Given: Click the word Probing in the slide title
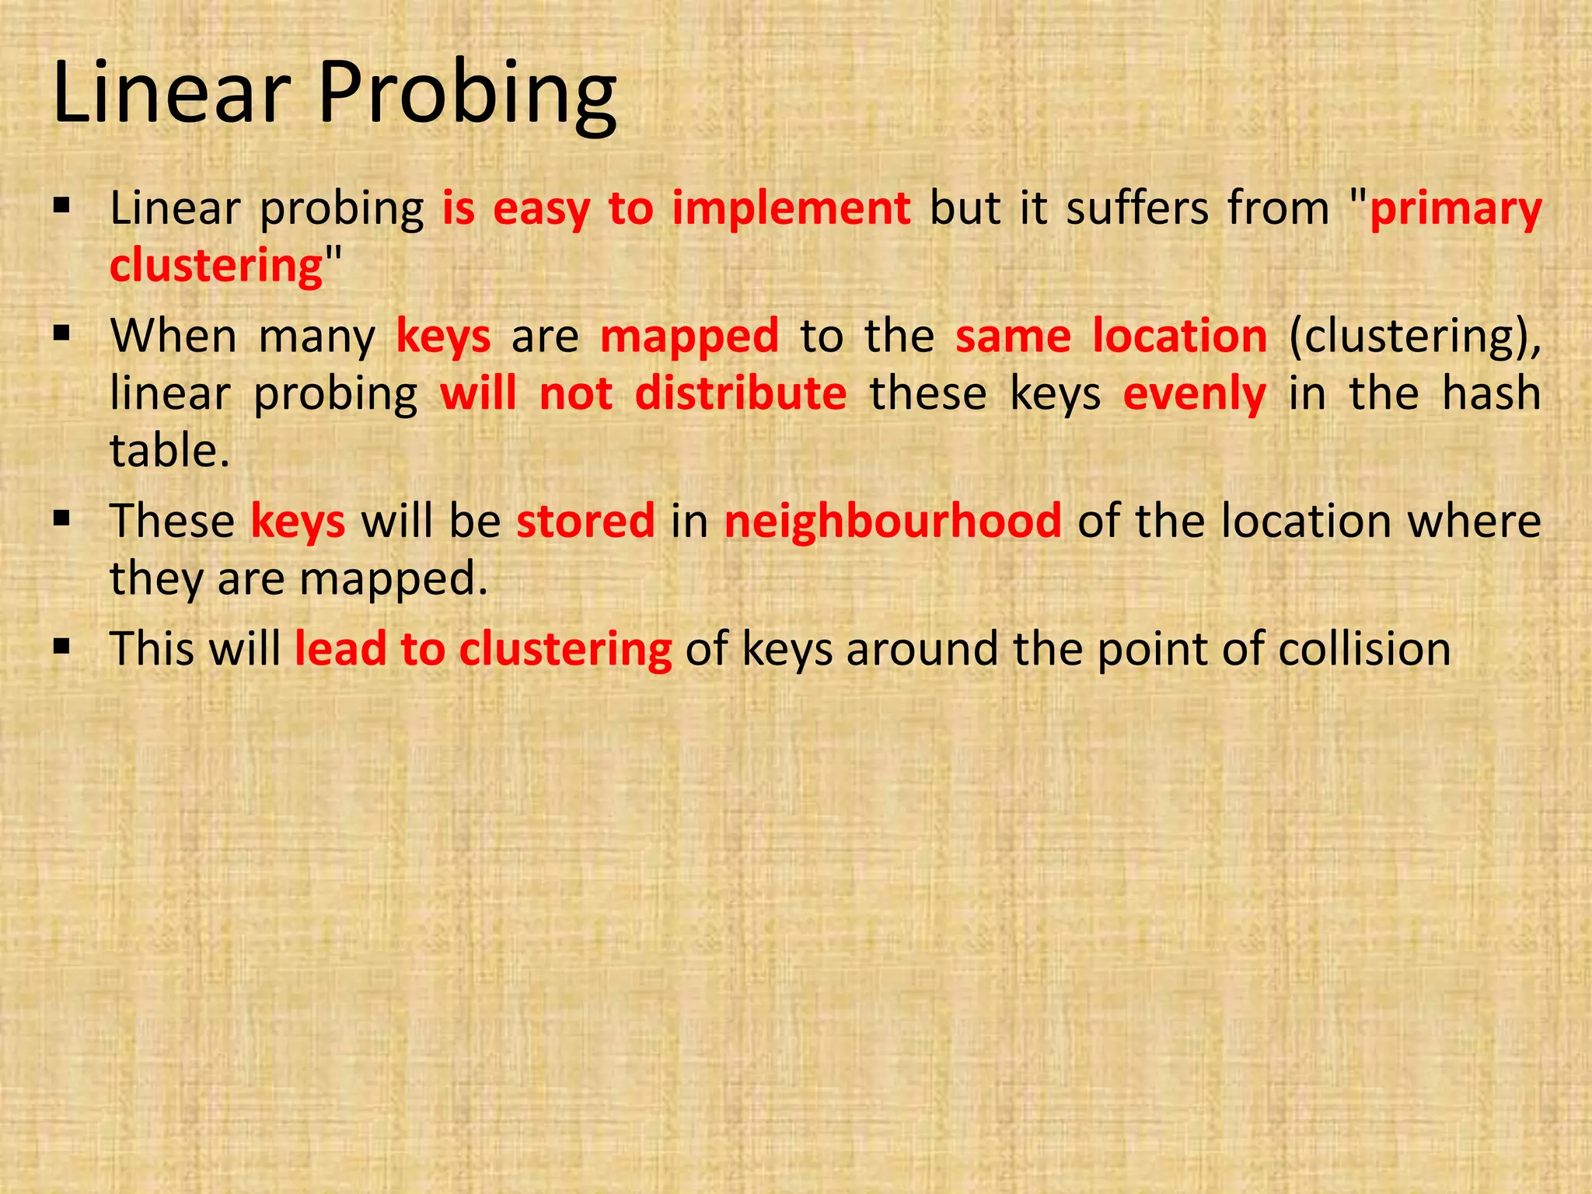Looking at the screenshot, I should [x=467, y=95].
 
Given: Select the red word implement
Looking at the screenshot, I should [x=791, y=209].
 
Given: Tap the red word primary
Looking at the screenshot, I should [x=1455, y=209].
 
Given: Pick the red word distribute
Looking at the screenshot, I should [x=741, y=393].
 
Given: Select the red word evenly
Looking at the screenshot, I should [x=1195, y=393].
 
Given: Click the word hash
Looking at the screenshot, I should [x=1491, y=393].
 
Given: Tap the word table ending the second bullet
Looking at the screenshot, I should [x=169, y=450].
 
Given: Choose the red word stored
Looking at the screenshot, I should [x=585, y=521].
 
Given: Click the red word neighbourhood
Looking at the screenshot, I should [x=892, y=521].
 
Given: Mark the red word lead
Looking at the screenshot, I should [x=340, y=648].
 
